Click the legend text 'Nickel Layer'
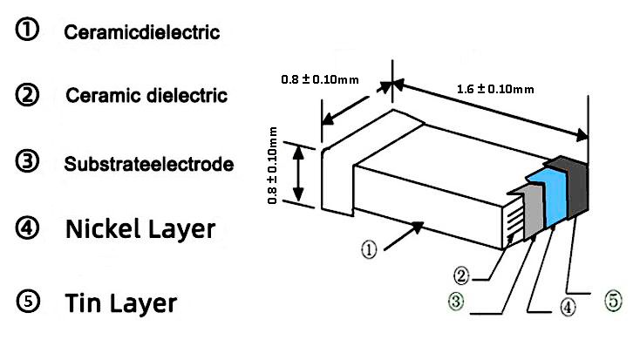(140, 230)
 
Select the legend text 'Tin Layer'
(121, 303)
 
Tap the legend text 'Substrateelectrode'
(148, 164)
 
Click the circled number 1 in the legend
(27, 31)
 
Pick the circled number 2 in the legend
(28, 94)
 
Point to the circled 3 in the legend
(28, 162)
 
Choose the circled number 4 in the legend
(28, 228)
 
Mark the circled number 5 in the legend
(28, 302)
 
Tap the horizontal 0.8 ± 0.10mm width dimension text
(319, 80)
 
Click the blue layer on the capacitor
(548, 199)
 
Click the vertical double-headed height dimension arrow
(298, 175)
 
